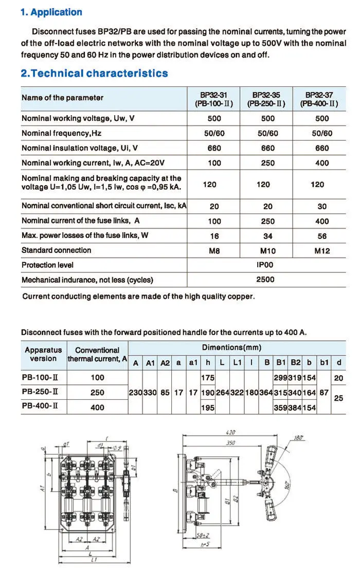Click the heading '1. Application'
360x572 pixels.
[51, 12]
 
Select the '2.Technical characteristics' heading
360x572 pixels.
[94, 73]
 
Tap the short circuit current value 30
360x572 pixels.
[322, 207]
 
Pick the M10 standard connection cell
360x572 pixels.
[268, 251]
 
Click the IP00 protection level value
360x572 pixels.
[265, 265]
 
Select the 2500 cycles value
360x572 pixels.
[265, 280]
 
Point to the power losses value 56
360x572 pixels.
[322, 236]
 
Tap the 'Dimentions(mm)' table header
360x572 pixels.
[231, 347]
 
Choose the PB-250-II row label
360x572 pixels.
[40, 392]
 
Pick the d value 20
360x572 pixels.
[338, 378]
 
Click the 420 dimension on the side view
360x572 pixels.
[232, 432]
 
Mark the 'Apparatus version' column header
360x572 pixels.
[43, 354]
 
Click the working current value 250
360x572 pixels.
[268, 163]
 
